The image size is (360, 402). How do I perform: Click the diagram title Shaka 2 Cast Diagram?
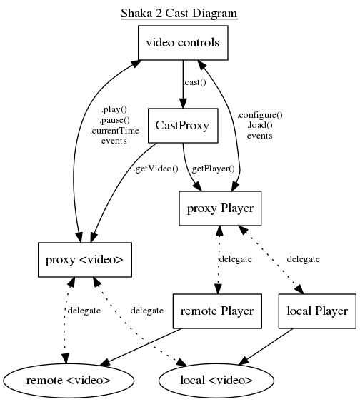pos(179,13)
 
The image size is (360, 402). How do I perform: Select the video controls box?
pos(183,43)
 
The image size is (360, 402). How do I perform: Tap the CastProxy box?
pos(183,126)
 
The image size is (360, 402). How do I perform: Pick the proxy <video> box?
pos(84,258)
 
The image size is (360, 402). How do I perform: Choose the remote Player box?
pos(218,311)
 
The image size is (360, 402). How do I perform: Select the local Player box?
pos(316,311)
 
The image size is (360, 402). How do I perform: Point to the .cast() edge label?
pos(195,84)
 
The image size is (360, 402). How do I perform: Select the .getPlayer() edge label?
pos(211,169)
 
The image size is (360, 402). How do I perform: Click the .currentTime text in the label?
pos(114,131)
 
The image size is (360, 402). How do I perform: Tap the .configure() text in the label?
pos(260,114)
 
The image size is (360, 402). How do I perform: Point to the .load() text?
pos(260,124)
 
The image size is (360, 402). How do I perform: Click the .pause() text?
pos(114,121)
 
